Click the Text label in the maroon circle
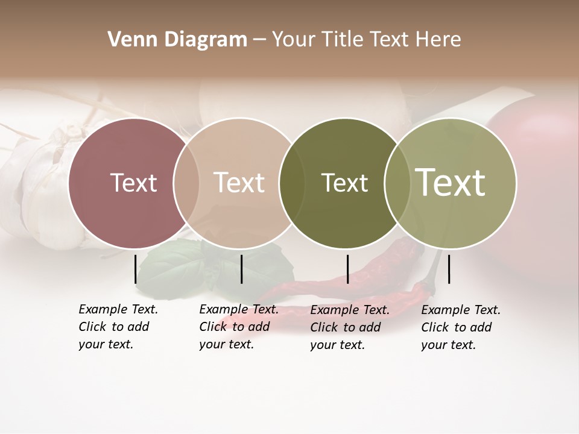(x=133, y=183)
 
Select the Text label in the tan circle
(x=239, y=183)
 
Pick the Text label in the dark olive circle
(x=344, y=183)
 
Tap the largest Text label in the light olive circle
(x=450, y=182)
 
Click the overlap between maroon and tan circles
(x=186, y=183)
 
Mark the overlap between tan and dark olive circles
(x=292, y=183)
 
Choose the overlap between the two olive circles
(x=397, y=183)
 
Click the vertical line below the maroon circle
(x=135, y=269)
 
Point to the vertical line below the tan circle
(x=241, y=269)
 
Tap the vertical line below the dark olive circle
(x=347, y=269)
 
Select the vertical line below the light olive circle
(x=449, y=269)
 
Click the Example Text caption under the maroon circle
(x=118, y=327)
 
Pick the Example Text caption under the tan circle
(x=238, y=327)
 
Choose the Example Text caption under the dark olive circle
(x=349, y=327)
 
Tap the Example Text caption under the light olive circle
(x=460, y=327)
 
